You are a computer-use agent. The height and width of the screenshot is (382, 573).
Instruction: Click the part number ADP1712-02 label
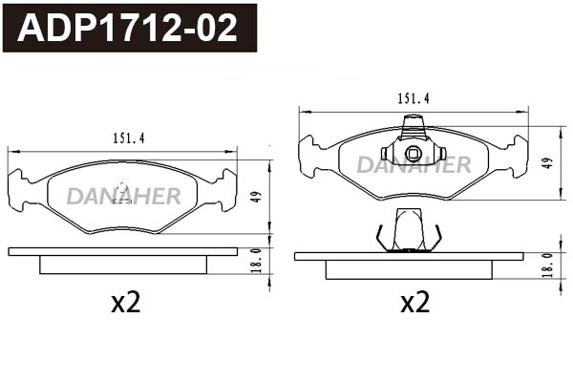[x=128, y=28]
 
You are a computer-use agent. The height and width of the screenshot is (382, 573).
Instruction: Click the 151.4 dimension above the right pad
[x=414, y=97]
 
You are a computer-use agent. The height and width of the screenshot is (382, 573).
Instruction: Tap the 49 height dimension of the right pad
[x=546, y=162]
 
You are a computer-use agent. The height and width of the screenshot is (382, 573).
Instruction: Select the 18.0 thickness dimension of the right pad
[x=546, y=264]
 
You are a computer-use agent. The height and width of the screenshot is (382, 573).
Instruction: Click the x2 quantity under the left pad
[x=126, y=304]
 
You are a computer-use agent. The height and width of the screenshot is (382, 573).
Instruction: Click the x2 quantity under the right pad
[x=414, y=304]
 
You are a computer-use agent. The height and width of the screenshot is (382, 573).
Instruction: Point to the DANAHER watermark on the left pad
[x=124, y=197]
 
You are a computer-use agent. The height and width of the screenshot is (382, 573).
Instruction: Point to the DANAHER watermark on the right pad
[x=414, y=164]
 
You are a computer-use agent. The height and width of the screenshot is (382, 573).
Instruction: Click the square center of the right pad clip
[x=414, y=153]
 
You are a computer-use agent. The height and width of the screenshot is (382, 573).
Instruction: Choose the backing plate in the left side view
[x=122, y=251]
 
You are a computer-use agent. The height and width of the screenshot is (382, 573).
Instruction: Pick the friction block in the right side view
[x=409, y=269]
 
